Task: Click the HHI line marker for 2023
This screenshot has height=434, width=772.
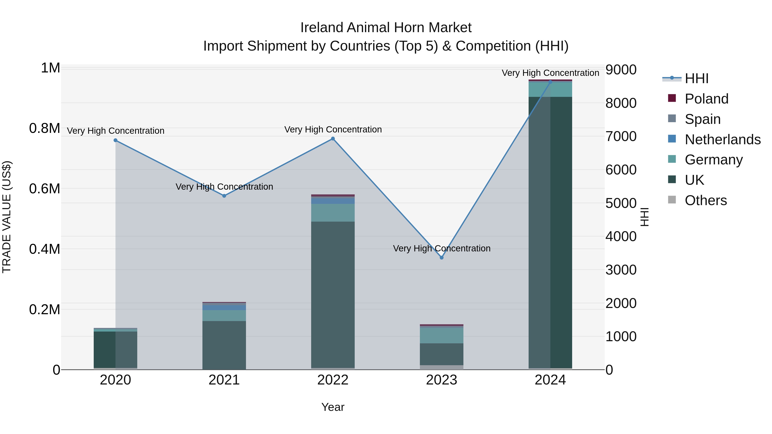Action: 442,258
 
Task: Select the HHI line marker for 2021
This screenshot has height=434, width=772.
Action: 224,196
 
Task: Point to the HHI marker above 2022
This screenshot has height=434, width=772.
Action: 333,139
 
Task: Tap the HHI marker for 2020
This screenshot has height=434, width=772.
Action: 115,140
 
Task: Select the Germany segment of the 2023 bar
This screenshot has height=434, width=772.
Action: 442,335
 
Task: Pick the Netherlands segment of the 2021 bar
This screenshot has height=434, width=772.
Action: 224,307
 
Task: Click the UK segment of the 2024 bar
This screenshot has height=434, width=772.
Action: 550,234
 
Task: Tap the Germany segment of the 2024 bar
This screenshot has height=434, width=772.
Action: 550,89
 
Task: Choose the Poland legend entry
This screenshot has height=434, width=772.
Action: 706,99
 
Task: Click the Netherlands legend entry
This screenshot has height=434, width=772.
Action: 722,140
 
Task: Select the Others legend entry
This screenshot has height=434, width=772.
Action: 706,200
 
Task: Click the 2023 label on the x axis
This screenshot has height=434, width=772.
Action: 442,380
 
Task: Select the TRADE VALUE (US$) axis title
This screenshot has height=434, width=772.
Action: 7,217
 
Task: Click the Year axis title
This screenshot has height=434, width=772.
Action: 333,407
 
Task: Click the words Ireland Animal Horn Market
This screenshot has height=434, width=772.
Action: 386,28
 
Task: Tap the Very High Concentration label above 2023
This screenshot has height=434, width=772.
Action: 442,248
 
